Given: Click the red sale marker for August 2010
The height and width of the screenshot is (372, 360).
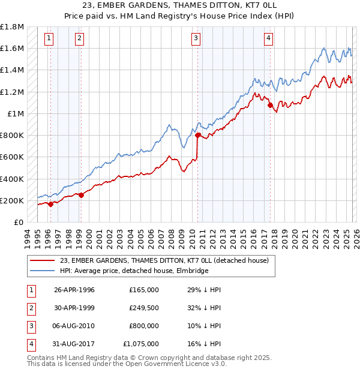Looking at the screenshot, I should (197, 136).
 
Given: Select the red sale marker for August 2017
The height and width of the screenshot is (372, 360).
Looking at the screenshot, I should (270, 106).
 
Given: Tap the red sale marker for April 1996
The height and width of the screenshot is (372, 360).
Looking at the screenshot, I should (50, 204).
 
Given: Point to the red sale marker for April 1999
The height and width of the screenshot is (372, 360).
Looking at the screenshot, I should (81, 195).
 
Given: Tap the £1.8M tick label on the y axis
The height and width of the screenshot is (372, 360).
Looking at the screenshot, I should (12, 27).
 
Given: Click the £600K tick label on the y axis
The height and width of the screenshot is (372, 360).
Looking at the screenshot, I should (12, 157).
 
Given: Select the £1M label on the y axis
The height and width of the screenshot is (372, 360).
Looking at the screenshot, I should (16, 114).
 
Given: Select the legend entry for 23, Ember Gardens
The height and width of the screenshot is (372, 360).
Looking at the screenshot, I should (167, 260).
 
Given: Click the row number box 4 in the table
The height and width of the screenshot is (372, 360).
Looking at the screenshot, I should (29, 344).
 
